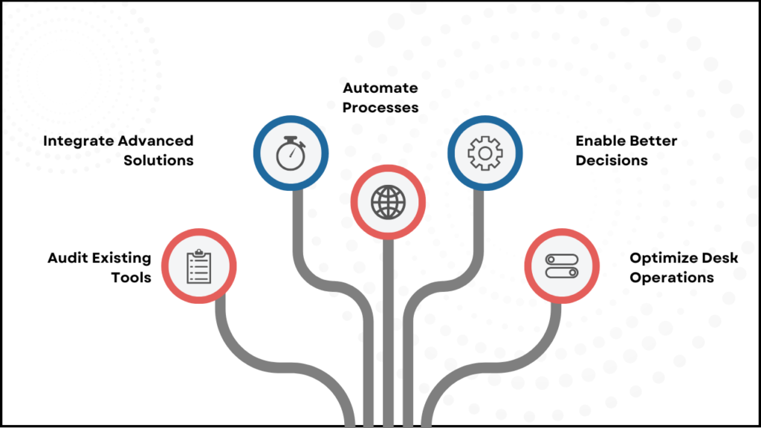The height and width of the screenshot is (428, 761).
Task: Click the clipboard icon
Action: click(198, 266)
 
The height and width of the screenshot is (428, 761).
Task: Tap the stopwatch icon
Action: click(291, 152)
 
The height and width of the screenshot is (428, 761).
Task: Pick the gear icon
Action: click(485, 152)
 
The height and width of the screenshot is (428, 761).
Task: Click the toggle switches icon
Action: click(562, 266)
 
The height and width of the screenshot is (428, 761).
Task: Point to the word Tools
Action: click(132, 277)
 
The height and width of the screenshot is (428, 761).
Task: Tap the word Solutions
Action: click(158, 160)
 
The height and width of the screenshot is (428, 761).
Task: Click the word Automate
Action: click(380, 88)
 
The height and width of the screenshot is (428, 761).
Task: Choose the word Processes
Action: click(380, 107)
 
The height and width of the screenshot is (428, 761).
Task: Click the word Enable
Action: click(600, 140)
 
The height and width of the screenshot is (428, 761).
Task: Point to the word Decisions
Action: click(612, 160)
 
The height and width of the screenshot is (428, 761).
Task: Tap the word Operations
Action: click(672, 277)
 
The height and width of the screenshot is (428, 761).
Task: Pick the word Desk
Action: click(720, 258)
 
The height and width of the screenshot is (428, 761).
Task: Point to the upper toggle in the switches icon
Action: click(562, 259)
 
